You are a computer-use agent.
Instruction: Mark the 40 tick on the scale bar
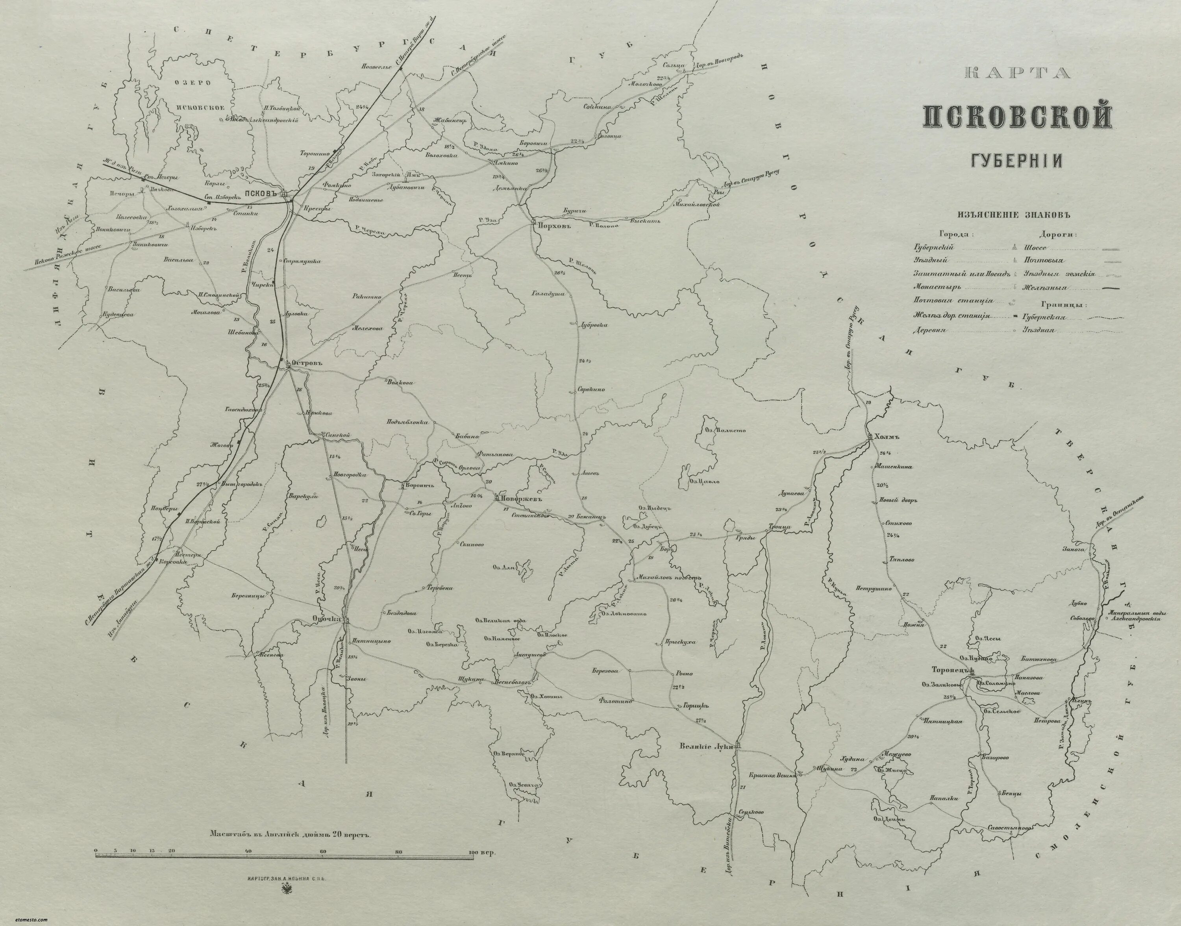point(248,851)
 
